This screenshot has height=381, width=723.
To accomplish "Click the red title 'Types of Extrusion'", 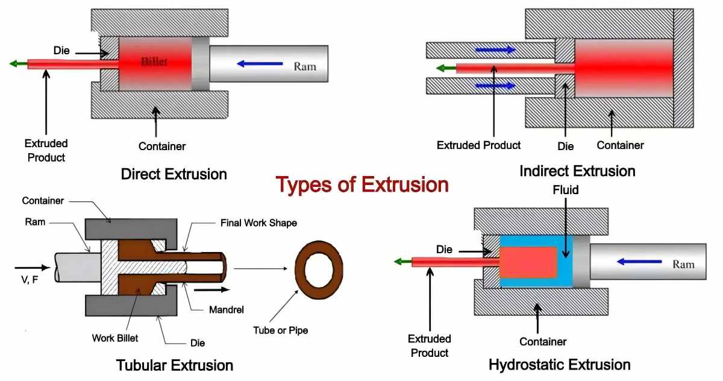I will click(362, 184).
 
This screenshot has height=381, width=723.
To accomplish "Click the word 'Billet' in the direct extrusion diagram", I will click(154, 62).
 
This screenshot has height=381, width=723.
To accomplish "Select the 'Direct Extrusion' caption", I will click(174, 175).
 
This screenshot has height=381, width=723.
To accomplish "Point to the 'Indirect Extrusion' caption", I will click(577, 171).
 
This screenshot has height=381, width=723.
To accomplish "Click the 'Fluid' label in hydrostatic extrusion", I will click(566, 190).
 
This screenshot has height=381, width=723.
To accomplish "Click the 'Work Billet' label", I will click(115, 338).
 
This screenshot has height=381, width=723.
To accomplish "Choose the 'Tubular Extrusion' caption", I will click(174, 365).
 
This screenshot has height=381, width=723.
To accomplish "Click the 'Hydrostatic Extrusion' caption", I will click(560, 365).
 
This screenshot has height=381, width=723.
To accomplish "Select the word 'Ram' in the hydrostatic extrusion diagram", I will click(683, 263).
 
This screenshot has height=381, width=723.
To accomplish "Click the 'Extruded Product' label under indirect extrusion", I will click(479, 145).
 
